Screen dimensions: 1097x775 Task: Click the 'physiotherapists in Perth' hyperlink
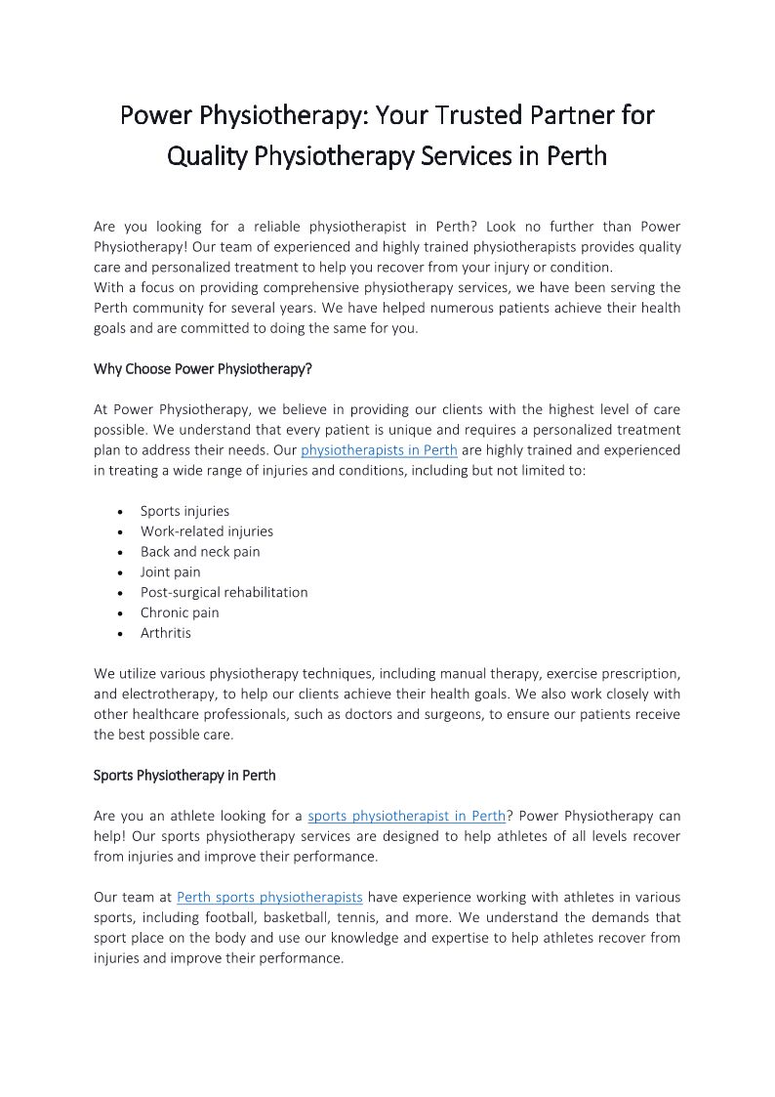(379, 450)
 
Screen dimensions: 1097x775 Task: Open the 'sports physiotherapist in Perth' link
(407, 816)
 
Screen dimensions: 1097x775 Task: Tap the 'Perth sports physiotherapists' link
(269, 897)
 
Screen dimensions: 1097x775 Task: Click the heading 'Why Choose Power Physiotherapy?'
(202, 369)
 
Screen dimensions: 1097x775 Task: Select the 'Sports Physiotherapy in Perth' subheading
(184, 776)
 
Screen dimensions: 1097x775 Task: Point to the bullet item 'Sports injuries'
(184, 511)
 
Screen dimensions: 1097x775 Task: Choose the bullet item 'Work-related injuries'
(206, 531)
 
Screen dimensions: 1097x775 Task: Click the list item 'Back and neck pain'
(200, 552)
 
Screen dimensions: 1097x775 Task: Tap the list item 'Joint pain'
(170, 572)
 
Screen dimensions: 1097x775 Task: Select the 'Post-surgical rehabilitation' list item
(224, 592)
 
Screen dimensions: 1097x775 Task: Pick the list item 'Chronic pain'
(180, 612)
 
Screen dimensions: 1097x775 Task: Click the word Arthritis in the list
(166, 633)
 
